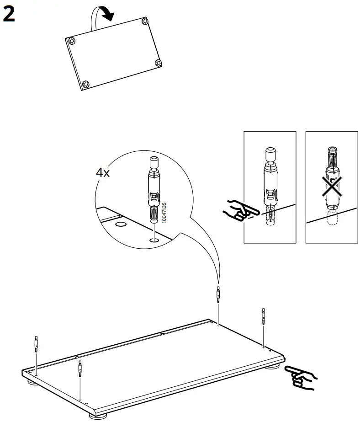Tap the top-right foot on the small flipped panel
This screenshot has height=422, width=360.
click(x=145, y=21)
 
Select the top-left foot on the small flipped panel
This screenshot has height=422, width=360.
click(x=72, y=41)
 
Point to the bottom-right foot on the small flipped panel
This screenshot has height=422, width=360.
click(x=158, y=63)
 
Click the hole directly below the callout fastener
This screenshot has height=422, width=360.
click(x=154, y=240)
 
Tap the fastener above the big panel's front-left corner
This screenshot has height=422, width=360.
click(x=80, y=368)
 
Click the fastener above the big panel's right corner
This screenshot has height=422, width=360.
click(x=263, y=316)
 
